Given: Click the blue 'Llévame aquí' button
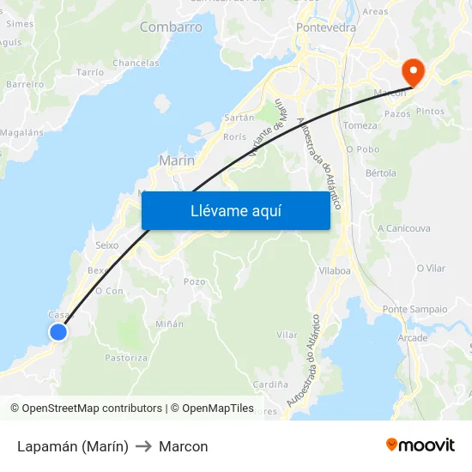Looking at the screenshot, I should (x=235, y=210).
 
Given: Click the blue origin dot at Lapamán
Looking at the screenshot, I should (x=57, y=331).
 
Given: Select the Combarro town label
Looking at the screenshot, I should (x=171, y=27).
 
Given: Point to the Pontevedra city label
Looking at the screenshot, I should (x=325, y=27).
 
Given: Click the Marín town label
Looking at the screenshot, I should (x=177, y=160).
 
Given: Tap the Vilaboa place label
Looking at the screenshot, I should (x=335, y=270).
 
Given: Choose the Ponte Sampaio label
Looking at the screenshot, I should (x=415, y=309).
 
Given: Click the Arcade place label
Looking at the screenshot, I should (x=413, y=338).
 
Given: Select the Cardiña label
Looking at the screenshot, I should (x=270, y=384).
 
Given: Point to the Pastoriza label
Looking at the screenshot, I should (x=126, y=358).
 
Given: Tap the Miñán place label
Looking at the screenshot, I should (x=169, y=324).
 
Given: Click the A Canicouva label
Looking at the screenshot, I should (x=403, y=228).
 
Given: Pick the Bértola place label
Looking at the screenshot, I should (x=381, y=173).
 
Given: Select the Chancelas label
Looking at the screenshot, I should (x=136, y=64).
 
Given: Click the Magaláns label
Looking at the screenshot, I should (x=21, y=132).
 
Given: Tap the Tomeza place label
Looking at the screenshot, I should (x=360, y=126).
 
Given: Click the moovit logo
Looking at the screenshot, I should (x=421, y=445).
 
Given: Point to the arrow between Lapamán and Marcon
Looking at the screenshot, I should (x=143, y=446).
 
